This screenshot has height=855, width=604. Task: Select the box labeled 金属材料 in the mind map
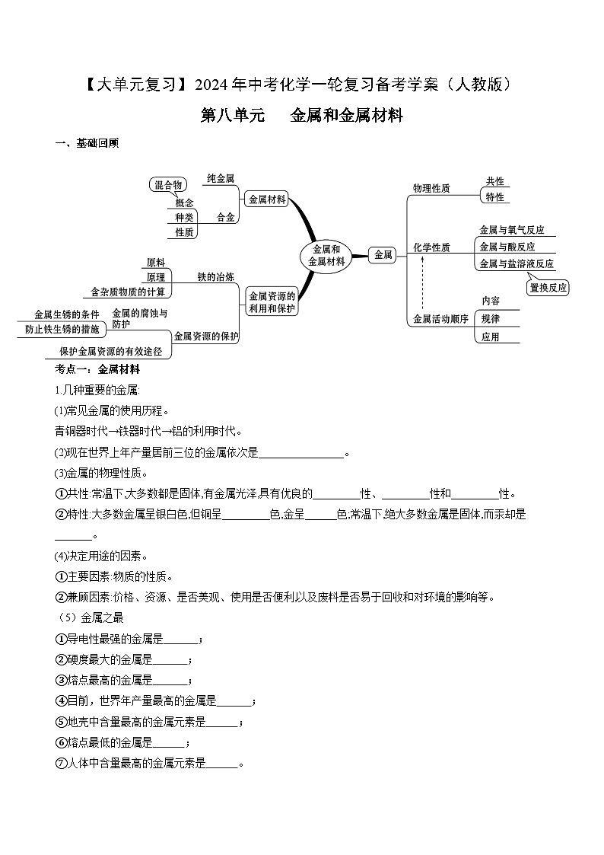pos(267,199)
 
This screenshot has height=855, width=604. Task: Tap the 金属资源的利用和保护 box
pos(272,302)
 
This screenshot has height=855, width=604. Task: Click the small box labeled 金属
pos(383,256)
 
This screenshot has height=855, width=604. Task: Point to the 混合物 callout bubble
pos(167,185)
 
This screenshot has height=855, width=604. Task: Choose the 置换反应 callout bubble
pos(548,288)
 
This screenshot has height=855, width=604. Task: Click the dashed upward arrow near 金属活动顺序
pos(422,282)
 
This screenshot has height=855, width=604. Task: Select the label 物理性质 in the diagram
pos(431,188)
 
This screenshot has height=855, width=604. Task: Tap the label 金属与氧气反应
pos(512,230)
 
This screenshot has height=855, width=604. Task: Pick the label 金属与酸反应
pos(507,247)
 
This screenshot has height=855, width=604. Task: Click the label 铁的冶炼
pos(216,276)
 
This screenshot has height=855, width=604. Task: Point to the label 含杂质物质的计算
pos(128,292)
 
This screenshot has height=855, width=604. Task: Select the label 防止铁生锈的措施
pos(62,330)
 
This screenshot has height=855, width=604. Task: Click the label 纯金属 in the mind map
pos(221,178)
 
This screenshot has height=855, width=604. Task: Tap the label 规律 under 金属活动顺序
pos(491,318)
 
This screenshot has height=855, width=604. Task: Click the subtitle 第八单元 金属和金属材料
pos(301,116)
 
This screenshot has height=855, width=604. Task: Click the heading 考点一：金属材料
pos(97,369)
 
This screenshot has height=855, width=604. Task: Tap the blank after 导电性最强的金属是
pos(181,639)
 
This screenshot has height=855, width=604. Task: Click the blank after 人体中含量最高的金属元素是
pos(222,763)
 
